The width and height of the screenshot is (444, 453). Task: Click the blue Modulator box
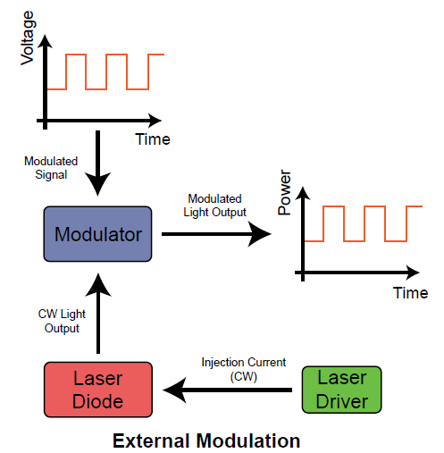pos(98,235)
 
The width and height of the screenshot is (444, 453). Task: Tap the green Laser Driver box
pos(342,390)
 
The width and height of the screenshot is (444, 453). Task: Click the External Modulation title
pos(205,440)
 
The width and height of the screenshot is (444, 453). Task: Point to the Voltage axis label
pos(26,37)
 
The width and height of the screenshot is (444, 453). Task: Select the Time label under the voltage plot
pos(153,139)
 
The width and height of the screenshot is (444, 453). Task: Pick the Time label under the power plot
pos(410,292)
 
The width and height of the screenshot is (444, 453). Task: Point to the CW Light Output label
pos(59,321)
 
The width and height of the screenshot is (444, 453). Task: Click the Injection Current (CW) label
pos(243,368)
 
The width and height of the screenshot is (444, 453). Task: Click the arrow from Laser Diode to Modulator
pos(98,313)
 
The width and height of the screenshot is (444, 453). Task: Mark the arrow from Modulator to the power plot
pos(214,235)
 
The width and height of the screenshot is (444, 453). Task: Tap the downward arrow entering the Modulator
pos(98,165)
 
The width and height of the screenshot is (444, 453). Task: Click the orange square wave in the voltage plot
pos(106,71)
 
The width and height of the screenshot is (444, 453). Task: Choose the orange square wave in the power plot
pos(362,223)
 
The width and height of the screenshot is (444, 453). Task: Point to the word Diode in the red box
pos(98,401)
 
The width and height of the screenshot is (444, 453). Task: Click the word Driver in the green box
pos(342,401)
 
